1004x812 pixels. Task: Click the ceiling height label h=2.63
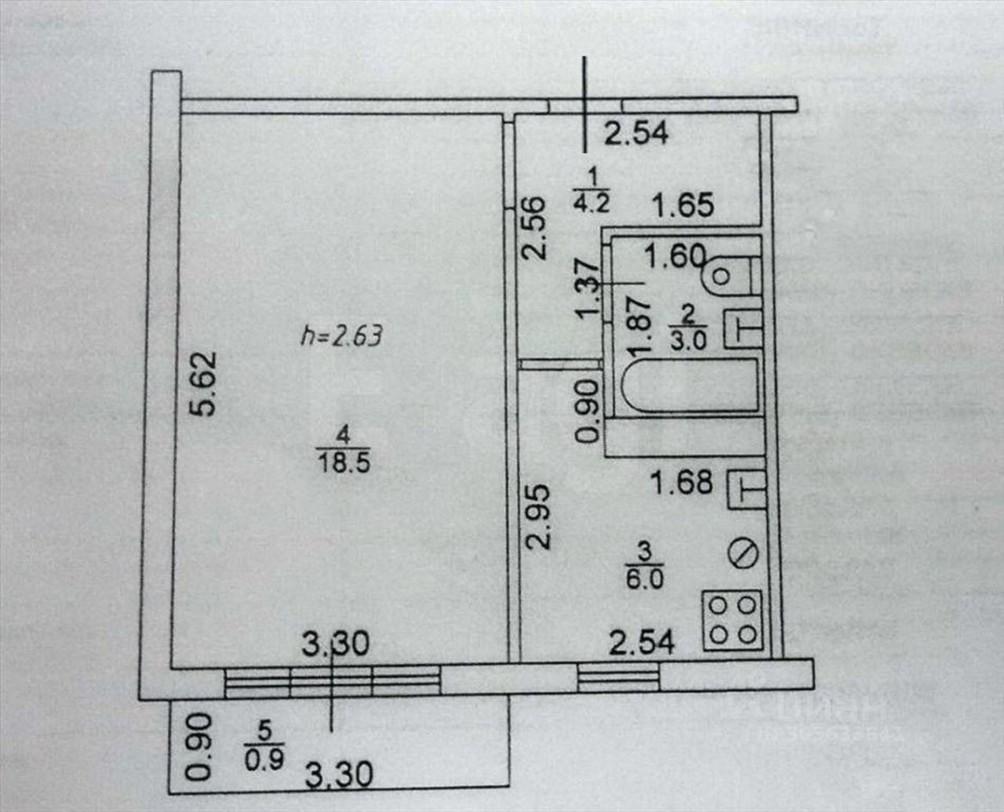[341, 336]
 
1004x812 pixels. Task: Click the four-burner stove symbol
[733, 619]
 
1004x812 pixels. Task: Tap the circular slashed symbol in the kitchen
[742, 553]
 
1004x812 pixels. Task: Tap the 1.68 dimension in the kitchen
[682, 482]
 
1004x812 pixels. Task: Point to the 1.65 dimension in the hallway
[684, 205]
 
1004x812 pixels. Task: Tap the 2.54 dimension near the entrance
[636, 132]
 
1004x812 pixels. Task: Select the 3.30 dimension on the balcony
[338, 776]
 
